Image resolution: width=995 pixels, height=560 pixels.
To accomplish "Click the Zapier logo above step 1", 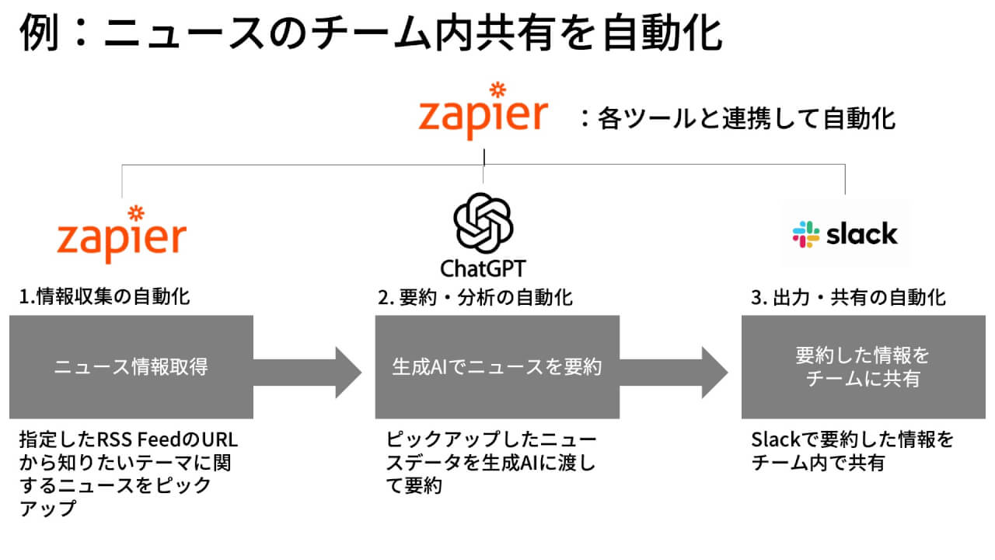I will pos(122,233).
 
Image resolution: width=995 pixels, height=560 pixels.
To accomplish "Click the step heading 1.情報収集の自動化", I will pos(104,296).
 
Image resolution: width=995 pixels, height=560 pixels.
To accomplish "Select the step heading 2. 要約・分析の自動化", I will pos(475,296).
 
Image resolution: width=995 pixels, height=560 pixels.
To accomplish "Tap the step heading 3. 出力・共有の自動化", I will pos(848,296).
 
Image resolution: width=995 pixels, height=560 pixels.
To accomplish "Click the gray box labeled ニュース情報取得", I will pos(131,367).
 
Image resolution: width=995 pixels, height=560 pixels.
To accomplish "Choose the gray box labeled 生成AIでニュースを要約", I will pos(497,367).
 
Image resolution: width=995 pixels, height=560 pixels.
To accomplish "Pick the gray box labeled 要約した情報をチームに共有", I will pos(862,367).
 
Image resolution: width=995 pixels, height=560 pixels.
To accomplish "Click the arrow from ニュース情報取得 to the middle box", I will pos(308,367).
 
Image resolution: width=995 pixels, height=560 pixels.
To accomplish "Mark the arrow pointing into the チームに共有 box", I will pos(674,367).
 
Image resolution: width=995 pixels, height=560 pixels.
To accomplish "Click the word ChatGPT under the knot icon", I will pos(483,269).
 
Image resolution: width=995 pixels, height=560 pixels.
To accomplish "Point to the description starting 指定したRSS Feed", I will pos(128,474).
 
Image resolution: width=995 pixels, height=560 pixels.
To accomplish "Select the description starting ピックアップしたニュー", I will pos(491,463).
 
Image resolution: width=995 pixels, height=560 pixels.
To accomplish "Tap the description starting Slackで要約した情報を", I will pos(852,451).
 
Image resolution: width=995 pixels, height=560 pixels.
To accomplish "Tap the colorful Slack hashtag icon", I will pos(805,234).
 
